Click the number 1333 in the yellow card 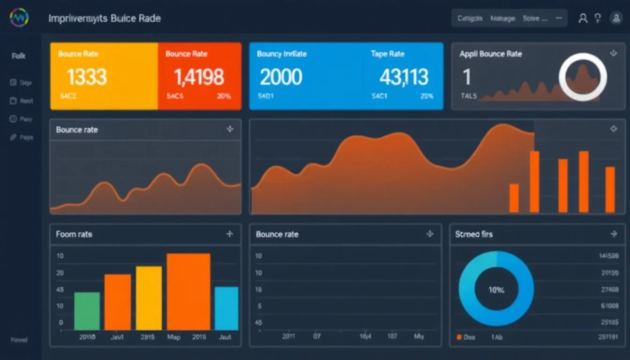pyautogui.click(x=87, y=77)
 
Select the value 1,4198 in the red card pyautogui.click(x=199, y=77)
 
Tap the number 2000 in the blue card pyautogui.click(x=281, y=77)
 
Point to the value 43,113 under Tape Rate pyautogui.click(x=404, y=77)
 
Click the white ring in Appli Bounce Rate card pyautogui.click(x=583, y=77)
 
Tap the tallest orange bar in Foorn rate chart pyautogui.click(x=188, y=291)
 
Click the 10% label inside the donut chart pyautogui.click(x=496, y=290)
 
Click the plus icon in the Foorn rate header pyautogui.click(x=230, y=234)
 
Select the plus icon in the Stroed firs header pyautogui.click(x=614, y=233)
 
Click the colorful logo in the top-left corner pyautogui.click(x=19, y=18)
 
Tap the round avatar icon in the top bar pyautogui.click(x=615, y=18)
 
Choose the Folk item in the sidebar pyautogui.click(x=19, y=56)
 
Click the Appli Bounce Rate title pyautogui.click(x=490, y=54)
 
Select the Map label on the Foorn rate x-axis pyautogui.click(x=174, y=337)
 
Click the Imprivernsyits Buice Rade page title pyautogui.click(x=105, y=19)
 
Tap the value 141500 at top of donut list pyautogui.click(x=609, y=256)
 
